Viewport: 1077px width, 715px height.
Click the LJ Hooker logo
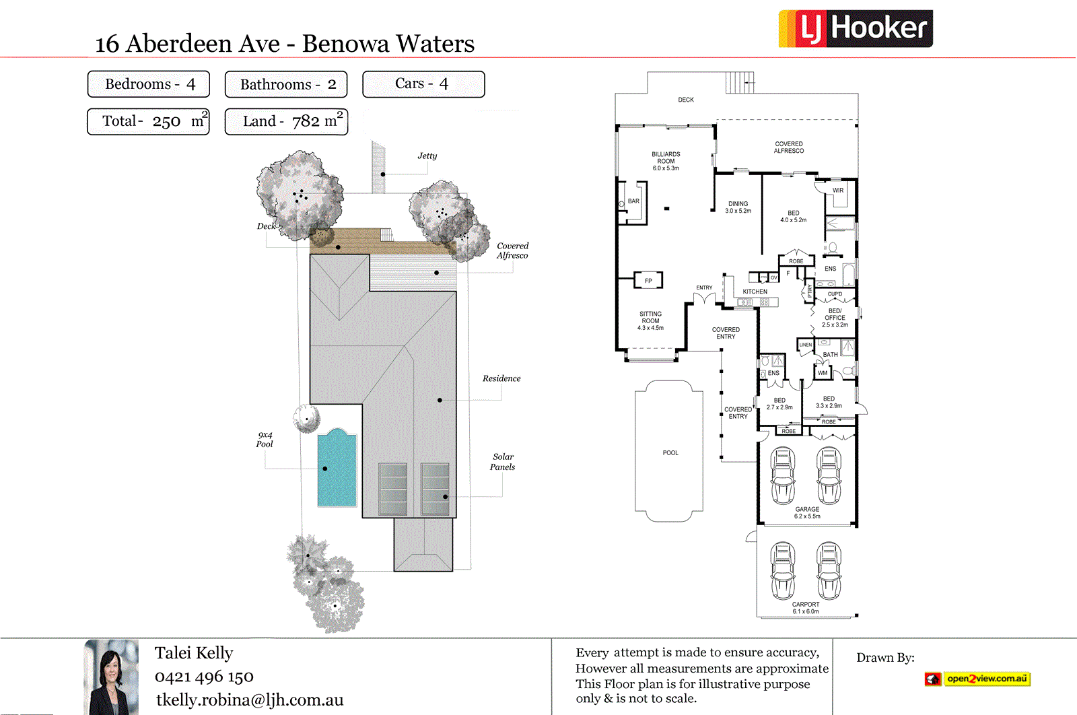(856, 29)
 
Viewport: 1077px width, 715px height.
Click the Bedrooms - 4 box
(149, 84)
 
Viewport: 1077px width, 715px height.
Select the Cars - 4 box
(423, 84)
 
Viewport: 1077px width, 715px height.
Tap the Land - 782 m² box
(286, 121)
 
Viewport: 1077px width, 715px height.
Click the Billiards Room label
(666, 161)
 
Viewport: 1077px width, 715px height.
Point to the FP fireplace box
(648, 280)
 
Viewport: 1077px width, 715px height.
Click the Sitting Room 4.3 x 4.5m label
(650, 320)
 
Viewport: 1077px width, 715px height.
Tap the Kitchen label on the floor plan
(755, 292)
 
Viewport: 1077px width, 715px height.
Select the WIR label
(837, 191)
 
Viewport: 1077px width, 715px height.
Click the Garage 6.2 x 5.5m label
(807, 512)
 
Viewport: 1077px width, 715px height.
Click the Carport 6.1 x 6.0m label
(806, 608)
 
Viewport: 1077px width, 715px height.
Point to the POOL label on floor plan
(670, 453)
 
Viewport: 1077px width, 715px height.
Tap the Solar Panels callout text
(503, 462)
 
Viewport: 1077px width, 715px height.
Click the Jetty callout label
(427, 156)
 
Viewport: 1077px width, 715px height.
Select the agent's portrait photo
(111, 677)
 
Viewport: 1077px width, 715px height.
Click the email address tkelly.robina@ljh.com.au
(250, 700)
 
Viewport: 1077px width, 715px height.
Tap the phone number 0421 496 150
(204, 677)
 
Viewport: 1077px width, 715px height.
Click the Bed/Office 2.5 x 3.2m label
(835, 318)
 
